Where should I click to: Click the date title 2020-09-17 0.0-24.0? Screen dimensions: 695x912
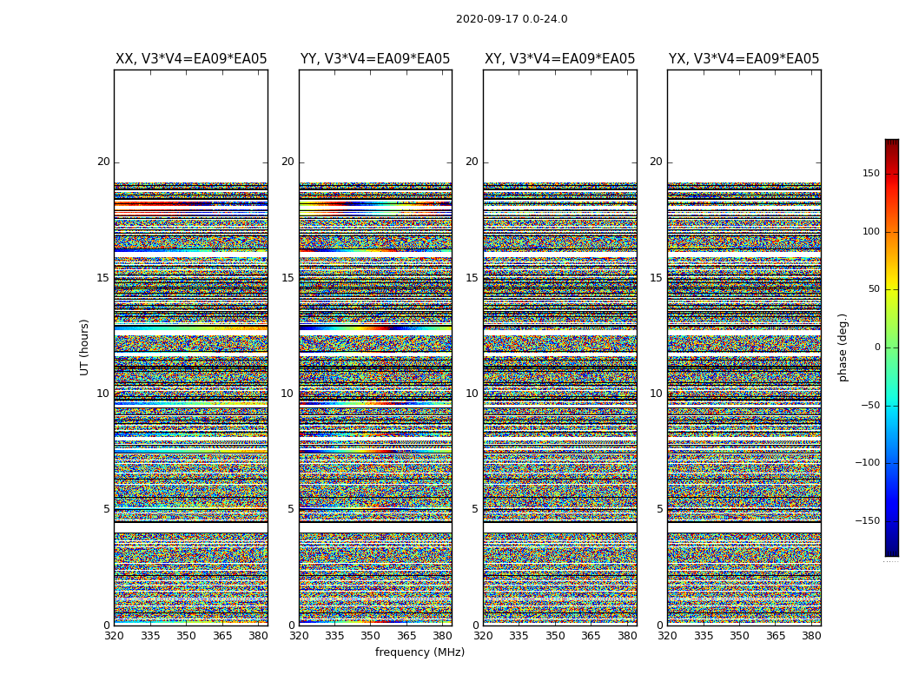pyautogui.click(x=512, y=19)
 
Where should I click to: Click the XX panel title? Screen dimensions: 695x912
pyautogui.click(x=191, y=59)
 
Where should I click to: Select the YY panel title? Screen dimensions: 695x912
pyautogui.click(x=375, y=59)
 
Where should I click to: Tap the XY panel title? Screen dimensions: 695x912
pyautogui.click(x=559, y=59)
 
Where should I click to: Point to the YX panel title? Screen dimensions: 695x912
pyautogui.click(x=743, y=59)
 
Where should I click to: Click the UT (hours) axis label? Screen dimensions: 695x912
pyautogui.click(x=85, y=347)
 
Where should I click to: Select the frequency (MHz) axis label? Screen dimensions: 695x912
pyautogui.click(x=420, y=652)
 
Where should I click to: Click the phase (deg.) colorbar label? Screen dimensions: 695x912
pyautogui.click(x=843, y=347)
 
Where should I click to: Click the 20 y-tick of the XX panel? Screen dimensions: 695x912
pyautogui.click(x=103, y=162)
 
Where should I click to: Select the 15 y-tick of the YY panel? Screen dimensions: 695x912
pyautogui.click(x=287, y=278)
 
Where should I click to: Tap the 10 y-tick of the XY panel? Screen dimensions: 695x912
pyautogui.click(x=472, y=394)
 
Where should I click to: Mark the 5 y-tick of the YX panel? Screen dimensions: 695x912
pyautogui.click(x=659, y=509)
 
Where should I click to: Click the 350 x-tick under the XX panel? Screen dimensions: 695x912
pyautogui.click(x=186, y=636)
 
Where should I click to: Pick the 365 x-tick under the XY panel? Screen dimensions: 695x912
pyautogui.click(x=591, y=636)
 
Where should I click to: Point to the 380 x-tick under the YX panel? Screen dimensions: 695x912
pyautogui.click(x=811, y=636)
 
